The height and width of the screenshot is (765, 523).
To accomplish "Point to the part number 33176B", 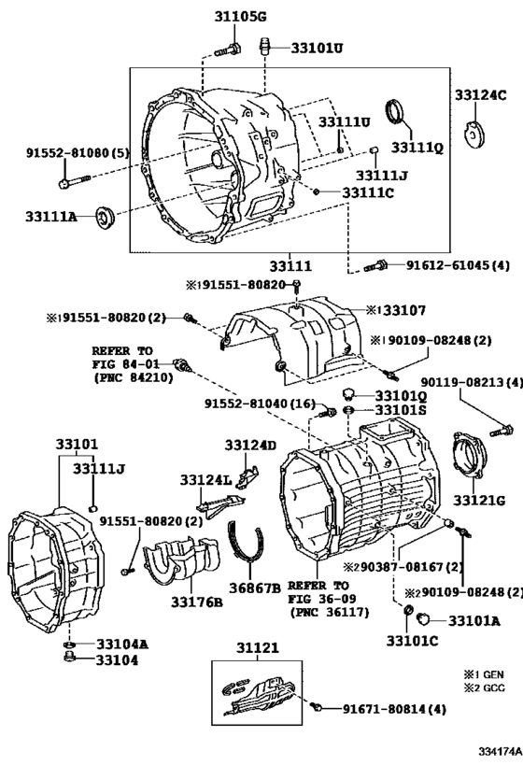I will point(196,601).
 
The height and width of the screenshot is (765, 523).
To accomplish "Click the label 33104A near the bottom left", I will point(121,644).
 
